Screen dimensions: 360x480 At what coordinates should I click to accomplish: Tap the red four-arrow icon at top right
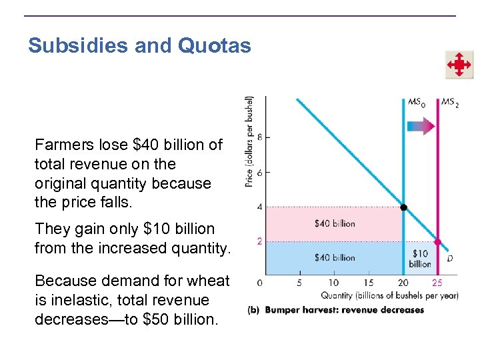click(x=459, y=65)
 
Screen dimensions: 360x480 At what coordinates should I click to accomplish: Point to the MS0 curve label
click(x=416, y=103)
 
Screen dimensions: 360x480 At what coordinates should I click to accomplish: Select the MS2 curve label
click(x=449, y=103)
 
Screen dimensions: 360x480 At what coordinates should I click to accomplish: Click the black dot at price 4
click(x=403, y=207)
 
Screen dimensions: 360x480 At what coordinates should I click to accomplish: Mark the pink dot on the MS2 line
click(x=438, y=242)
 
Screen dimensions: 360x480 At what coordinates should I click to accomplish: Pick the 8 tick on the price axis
click(x=260, y=137)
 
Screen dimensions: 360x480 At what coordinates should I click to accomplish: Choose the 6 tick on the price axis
click(x=260, y=172)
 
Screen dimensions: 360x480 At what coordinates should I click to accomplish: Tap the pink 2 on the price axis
click(x=259, y=241)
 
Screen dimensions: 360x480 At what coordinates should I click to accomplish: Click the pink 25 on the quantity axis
click(x=437, y=283)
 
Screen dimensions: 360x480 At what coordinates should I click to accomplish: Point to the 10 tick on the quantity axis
click(x=334, y=283)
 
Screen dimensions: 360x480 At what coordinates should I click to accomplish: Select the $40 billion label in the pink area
click(x=335, y=224)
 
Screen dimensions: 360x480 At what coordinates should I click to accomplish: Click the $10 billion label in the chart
click(x=421, y=259)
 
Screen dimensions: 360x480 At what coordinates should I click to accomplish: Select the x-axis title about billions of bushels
click(x=389, y=295)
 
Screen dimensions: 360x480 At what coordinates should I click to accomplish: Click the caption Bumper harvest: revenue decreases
click(x=344, y=310)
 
